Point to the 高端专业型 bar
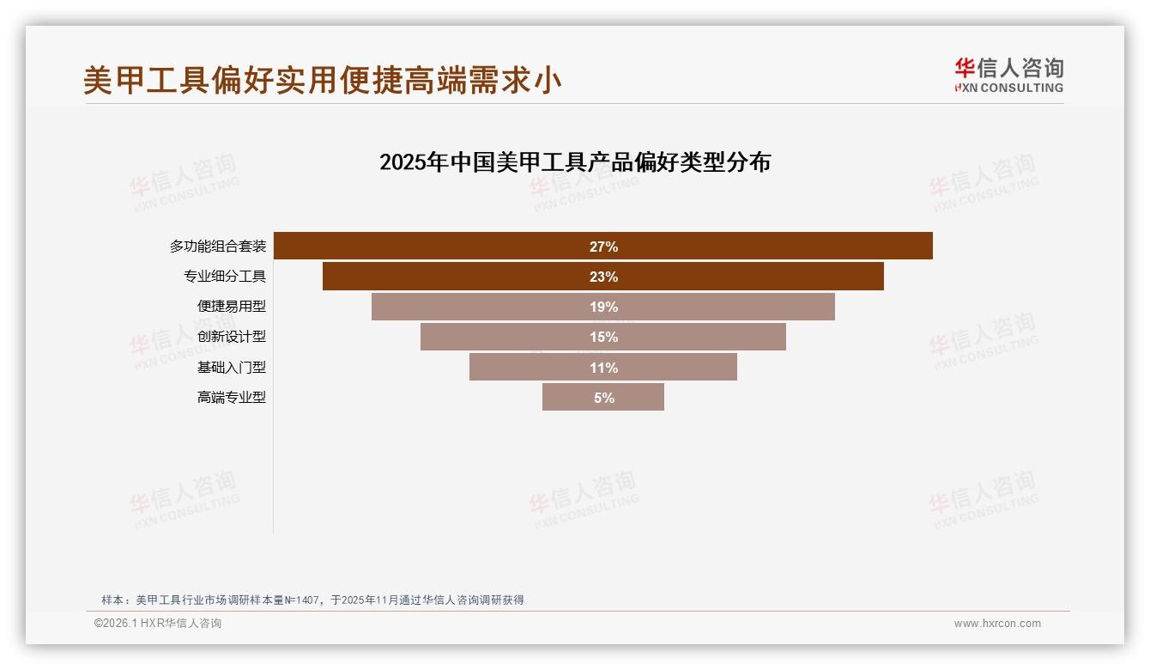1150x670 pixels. pos(566,398)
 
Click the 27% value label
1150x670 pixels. pos(603,247)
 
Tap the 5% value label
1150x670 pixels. pos(603,398)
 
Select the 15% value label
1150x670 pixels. pos(603,337)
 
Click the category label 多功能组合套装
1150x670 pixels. pos(218,247)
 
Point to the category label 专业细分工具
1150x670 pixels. pos(225,277)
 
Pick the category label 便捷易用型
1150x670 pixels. pos(232,307)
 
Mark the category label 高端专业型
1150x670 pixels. pos(232,398)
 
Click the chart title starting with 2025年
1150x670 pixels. pos(575,162)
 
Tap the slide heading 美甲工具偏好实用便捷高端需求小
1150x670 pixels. pos(323,81)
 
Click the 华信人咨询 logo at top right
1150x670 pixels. pos(1008,76)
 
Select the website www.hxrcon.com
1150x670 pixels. pos(997,624)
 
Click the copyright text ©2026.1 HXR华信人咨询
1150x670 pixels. pos(158,624)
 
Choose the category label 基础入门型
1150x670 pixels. pos(232,368)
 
